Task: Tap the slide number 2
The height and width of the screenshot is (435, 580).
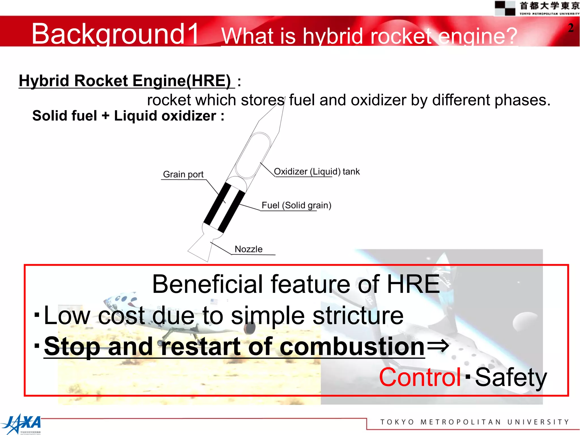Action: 571,28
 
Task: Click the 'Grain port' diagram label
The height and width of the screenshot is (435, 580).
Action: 183,174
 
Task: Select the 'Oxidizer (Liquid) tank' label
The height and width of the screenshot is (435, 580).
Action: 317,171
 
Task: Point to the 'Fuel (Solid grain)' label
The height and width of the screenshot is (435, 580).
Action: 296,205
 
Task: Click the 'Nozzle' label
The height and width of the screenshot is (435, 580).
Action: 248,249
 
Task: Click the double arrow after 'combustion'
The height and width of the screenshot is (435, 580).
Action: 438,346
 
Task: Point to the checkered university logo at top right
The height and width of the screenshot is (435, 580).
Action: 505,8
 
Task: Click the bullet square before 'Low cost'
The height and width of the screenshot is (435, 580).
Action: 37,315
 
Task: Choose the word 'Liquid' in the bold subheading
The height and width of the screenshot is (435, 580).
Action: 135,116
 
